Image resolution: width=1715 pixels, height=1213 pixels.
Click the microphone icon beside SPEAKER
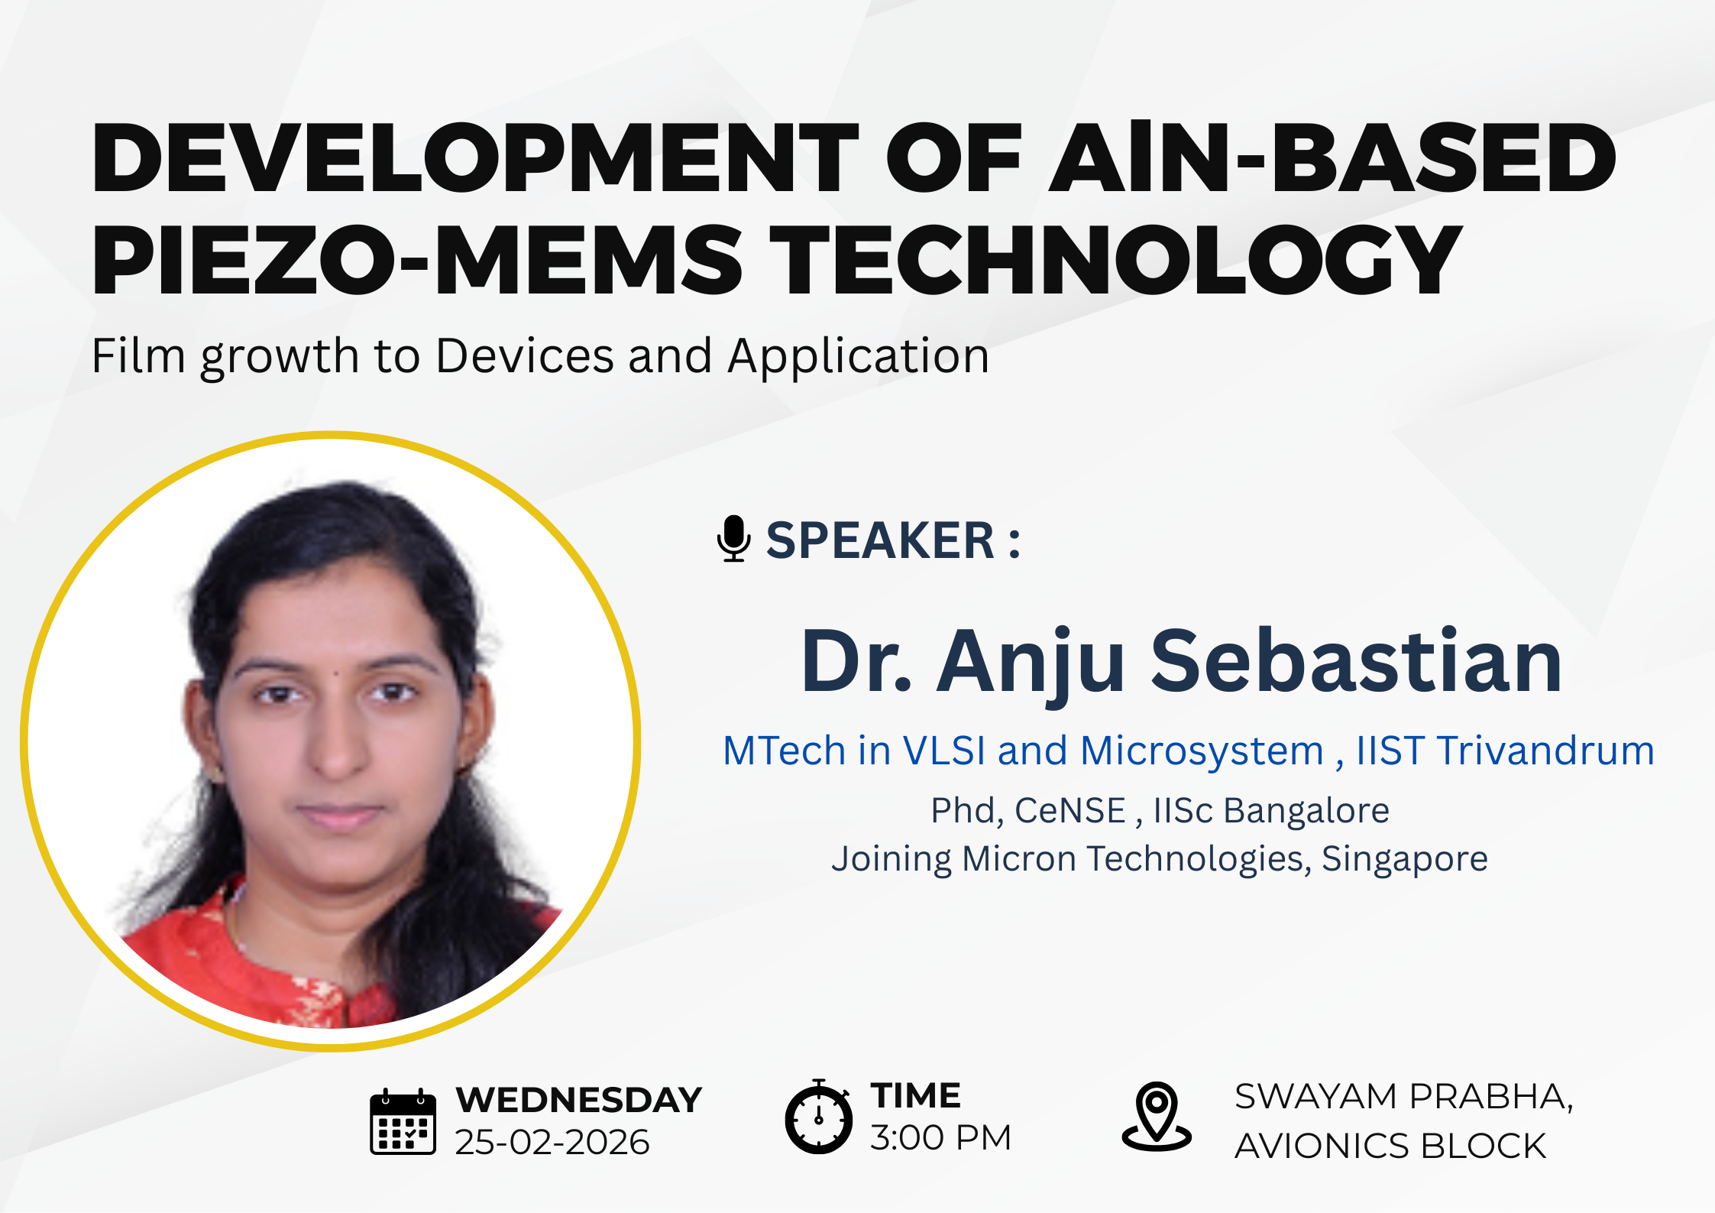(x=733, y=539)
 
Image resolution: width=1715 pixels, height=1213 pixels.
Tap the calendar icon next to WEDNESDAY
(x=403, y=1121)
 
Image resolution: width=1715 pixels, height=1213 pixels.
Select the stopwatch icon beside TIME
(x=818, y=1117)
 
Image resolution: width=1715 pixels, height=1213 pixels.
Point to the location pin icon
(x=1157, y=1117)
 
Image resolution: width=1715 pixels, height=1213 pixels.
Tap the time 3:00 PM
(x=940, y=1138)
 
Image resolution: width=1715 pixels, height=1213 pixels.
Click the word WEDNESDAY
(x=578, y=1101)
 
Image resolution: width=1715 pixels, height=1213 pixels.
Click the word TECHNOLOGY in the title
(x=1115, y=259)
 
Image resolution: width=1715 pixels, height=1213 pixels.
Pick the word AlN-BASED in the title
(x=1332, y=157)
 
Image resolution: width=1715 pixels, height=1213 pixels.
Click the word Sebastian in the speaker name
(x=1356, y=662)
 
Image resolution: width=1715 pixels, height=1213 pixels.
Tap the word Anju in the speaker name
(x=1031, y=662)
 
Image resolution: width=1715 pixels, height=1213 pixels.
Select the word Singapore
(x=1404, y=859)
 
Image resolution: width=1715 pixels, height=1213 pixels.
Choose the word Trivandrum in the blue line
(x=1545, y=751)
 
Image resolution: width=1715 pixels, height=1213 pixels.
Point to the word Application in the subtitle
(x=858, y=356)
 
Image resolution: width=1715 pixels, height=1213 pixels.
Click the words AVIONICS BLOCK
(x=1390, y=1147)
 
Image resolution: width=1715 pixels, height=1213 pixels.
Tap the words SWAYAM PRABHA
(x=1403, y=1097)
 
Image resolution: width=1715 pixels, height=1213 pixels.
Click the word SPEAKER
(x=880, y=540)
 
